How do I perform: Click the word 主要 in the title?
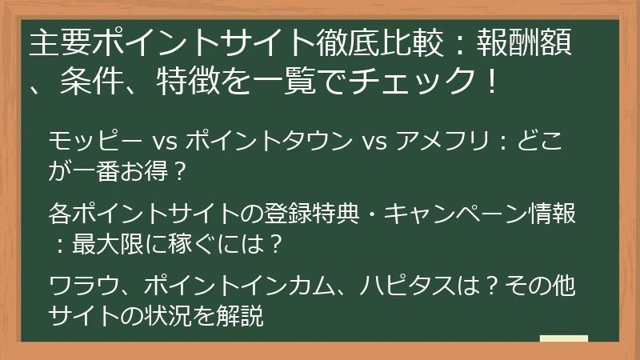point(61,43)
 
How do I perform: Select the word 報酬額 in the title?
point(524,43)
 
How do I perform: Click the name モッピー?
point(95,142)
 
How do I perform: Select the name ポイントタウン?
point(269,142)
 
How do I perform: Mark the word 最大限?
point(107,244)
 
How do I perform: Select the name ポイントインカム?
point(238,286)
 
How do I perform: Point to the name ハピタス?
point(407,286)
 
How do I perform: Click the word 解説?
point(239,315)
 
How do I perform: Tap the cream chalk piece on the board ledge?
point(564,338)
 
